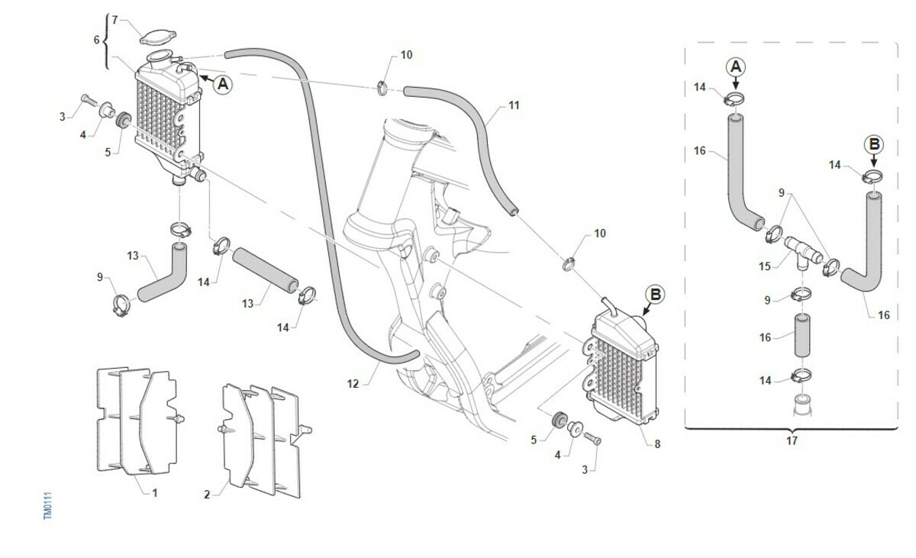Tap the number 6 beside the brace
tap(96, 40)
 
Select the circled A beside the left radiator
tap(222, 84)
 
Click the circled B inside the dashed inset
tap(874, 144)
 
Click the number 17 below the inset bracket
tap(791, 440)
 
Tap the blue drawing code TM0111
tap(47, 505)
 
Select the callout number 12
tap(353, 384)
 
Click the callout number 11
tap(513, 105)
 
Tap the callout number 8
tap(656, 443)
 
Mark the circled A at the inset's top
tap(736, 67)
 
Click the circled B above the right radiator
tap(655, 294)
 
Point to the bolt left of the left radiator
tap(86, 99)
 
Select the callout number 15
tap(765, 266)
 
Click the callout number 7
tap(114, 19)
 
